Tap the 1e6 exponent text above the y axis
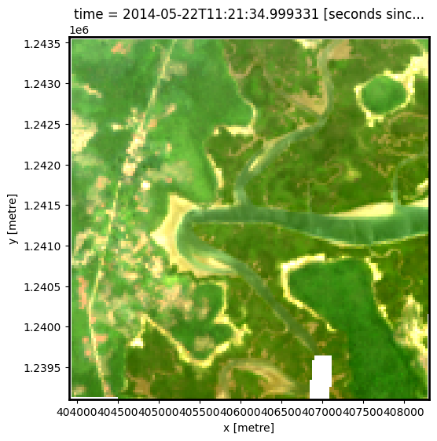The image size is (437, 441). point(79,29)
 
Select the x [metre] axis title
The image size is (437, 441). point(248,428)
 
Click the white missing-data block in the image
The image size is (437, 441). point(321,377)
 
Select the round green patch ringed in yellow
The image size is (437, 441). point(384,94)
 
